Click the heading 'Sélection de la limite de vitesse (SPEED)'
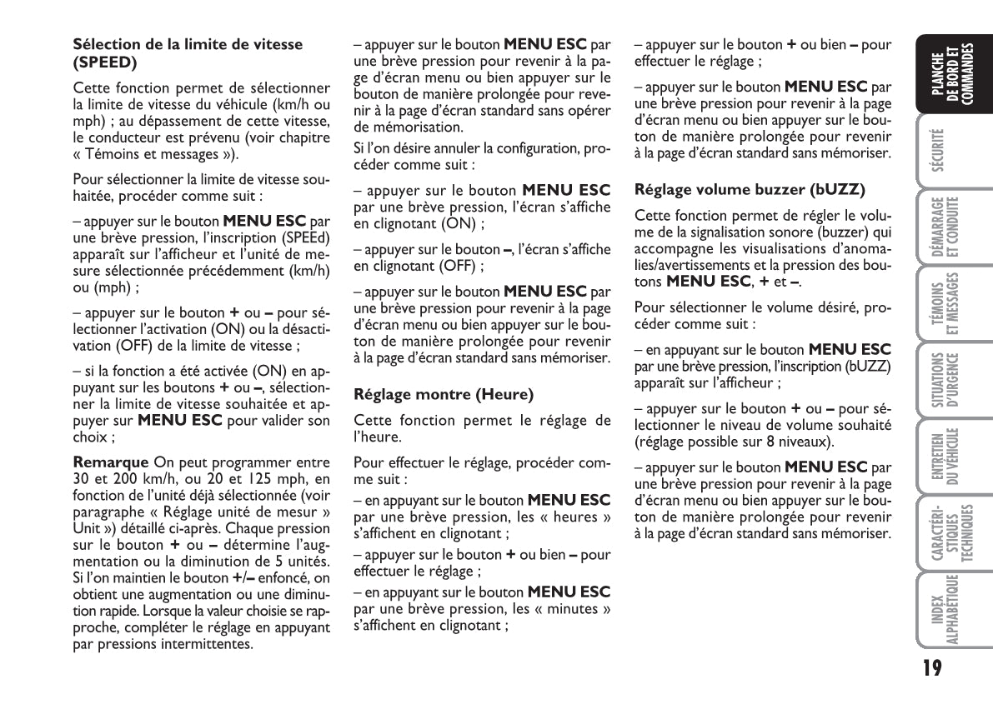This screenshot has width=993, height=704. coord(188,52)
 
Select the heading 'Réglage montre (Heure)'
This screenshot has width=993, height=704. coord(444,393)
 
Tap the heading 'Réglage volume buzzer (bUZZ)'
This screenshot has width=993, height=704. coord(750,188)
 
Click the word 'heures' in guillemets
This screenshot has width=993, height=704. coord(579,517)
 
